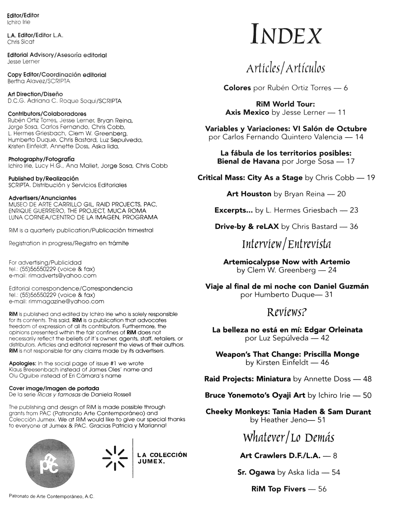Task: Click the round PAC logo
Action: click(50, 463)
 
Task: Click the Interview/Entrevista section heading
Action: click(286, 244)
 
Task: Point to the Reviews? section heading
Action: click(287, 312)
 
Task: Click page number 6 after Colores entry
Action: click(345, 88)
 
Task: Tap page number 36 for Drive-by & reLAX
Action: click(354, 226)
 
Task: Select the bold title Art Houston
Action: click(249, 194)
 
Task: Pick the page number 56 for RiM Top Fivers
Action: click(322, 489)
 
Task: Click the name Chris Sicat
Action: click(21, 42)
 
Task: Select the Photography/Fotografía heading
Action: click(41, 159)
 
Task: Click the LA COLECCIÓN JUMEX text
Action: click(162, 458)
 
